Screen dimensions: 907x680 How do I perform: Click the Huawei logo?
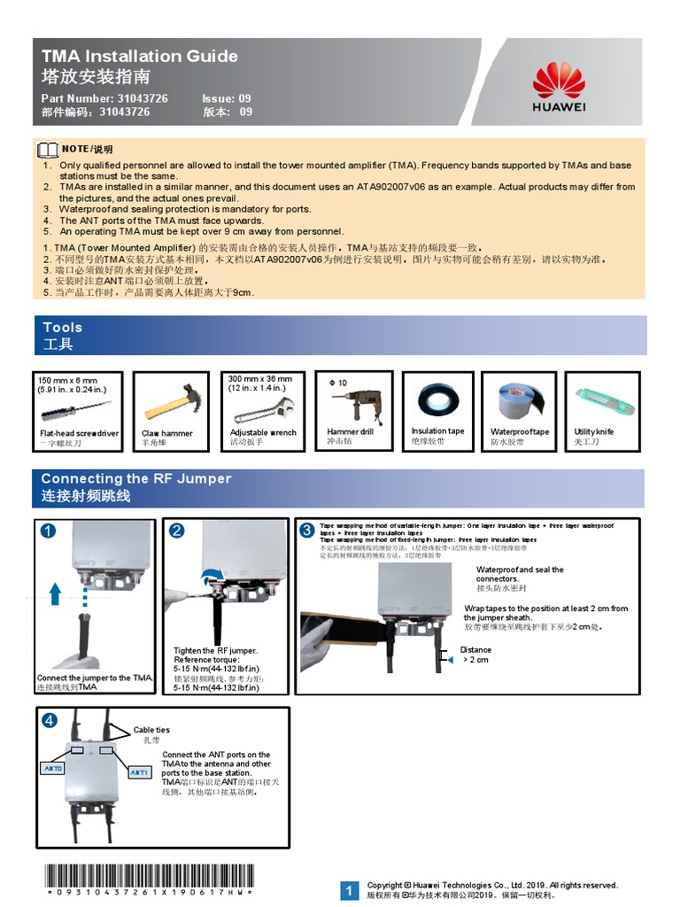click(559, 81)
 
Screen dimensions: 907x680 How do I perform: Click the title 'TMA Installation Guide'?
click(140, 56)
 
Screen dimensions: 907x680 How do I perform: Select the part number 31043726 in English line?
click(142, 98)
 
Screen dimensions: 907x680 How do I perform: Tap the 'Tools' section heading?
click(63, 327)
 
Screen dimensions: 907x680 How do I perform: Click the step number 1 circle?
click(48, 531)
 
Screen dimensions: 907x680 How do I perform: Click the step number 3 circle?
click(307, 530)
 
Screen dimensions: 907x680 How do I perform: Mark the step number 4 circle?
click(50, 720)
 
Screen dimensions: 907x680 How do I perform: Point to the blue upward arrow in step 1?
click(56, 593)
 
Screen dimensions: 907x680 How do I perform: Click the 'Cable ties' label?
click(151, 730)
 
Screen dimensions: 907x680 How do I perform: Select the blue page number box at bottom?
click(350, 890)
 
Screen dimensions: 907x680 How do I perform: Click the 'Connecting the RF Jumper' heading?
click(136, 478)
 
